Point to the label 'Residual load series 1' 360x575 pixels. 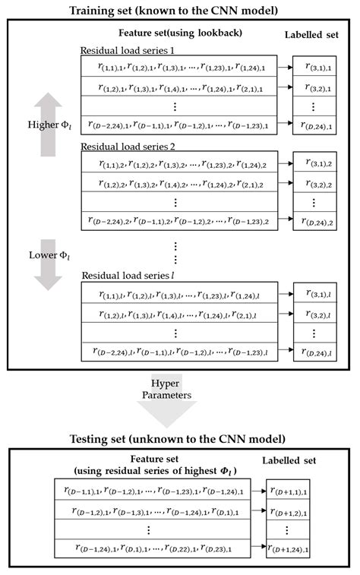pos(129,50)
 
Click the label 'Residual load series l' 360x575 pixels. pos(128,275)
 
